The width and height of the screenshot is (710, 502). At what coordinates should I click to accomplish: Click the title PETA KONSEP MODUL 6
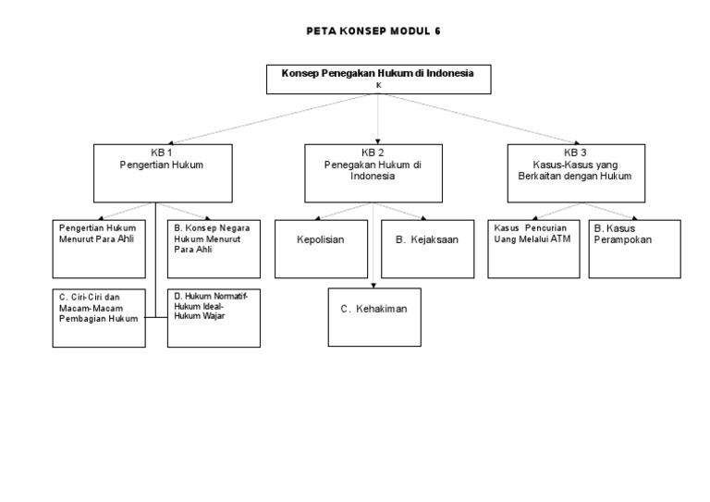[x=373, y=31]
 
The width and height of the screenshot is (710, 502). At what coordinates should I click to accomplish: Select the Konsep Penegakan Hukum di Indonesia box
[x=377, y=79]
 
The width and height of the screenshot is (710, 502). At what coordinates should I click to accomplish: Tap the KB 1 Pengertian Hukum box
[x=162, y=172]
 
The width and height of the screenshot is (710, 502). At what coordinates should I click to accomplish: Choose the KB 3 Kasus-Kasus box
[x=575, y=172]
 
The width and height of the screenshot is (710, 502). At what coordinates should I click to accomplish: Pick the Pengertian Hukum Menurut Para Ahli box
[x=99, y=248]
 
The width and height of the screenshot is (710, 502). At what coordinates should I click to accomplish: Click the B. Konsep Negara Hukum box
[x=214, y=248]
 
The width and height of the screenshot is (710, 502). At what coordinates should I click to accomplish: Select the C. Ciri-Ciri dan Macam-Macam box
[x=99, y=317]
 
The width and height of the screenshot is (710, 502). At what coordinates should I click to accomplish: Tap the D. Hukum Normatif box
[x=214, y=317]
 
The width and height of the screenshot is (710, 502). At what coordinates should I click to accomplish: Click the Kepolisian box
[x=320, y=248]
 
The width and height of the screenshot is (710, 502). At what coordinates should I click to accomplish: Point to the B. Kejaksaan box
[x=426, y=248]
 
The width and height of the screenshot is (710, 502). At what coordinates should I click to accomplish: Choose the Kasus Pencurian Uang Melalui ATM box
[x=533, y=248]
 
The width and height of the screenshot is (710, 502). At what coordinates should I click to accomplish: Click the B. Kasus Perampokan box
[x=634, y=248]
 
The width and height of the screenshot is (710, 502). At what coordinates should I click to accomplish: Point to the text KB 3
[x=575, y=152]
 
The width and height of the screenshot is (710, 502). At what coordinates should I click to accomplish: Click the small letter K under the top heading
[x=377, y=85]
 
